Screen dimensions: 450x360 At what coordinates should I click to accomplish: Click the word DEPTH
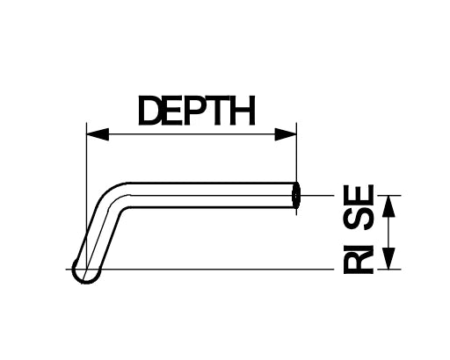pos(197,111)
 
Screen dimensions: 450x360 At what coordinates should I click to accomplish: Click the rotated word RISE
pos(359,229)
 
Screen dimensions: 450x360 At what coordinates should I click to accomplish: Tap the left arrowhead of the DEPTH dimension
pos(98,134)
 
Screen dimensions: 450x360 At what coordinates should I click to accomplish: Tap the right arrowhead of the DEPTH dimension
pos(286,134)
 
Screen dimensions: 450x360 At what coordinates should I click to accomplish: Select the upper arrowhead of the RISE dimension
pos(389,206)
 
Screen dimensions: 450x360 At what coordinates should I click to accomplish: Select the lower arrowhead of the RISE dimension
pos(389,258)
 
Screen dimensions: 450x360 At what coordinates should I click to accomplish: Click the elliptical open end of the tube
pos(296,195)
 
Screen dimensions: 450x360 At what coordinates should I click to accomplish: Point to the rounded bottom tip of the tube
pos(86,275)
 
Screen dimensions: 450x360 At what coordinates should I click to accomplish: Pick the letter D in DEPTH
pos(149,111)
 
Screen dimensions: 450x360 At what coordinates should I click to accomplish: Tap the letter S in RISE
pos(359,220)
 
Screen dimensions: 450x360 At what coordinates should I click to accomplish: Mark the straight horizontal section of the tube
pos(211,195)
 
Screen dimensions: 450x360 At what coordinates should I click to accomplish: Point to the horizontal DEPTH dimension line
pos(192,134)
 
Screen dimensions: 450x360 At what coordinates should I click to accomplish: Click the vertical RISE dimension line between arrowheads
pos(389,232)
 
